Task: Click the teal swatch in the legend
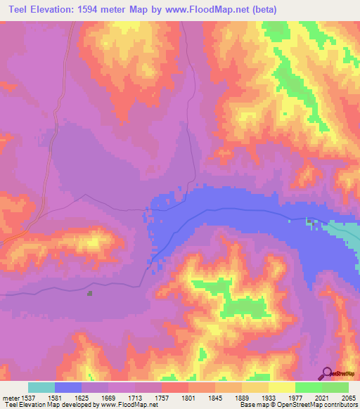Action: pos(41,387)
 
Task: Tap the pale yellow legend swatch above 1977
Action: pos(282,387)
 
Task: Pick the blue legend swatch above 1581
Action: pos(68,387)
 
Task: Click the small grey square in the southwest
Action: pos(89,293)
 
